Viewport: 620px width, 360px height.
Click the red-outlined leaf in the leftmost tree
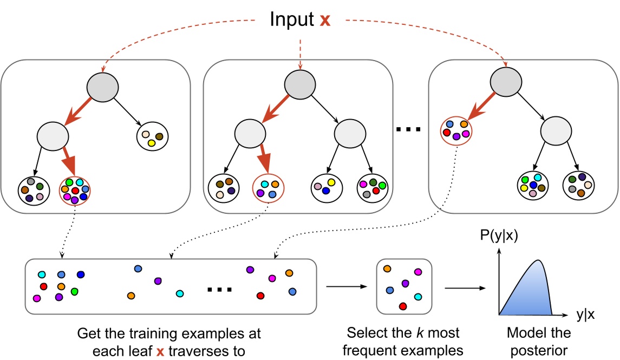[74, 190]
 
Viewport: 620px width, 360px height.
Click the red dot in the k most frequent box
[402, 306]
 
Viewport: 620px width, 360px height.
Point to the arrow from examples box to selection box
[346, 287]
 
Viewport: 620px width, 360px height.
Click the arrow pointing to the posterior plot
[464, 287]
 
